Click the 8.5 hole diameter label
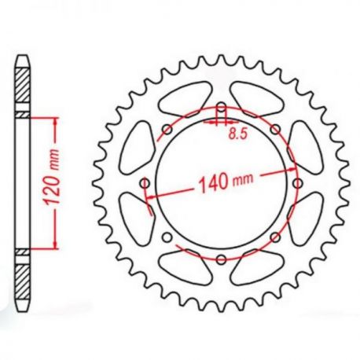pyautogui.click(x=238, y=134)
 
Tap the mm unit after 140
pyautogui.click(x=243, y=178)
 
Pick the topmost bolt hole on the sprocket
pyautogui.click(x=222, y=108)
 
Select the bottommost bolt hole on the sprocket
pyautogui.click(x=222, y=259)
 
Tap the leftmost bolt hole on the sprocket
pyautogui.click(x=145, y=183)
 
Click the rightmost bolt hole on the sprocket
pyautogui.click(x=297, y=183)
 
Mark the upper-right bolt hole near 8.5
pyautogui.click(x=275, y=129)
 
